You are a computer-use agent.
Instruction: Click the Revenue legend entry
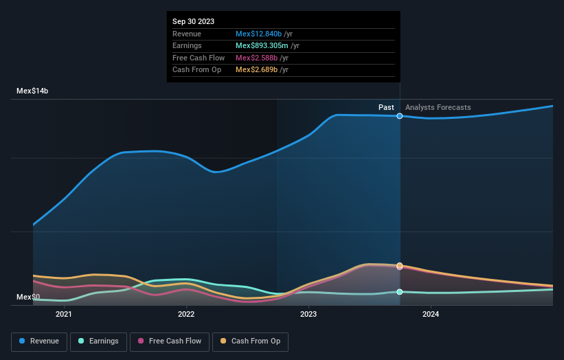[40, 341]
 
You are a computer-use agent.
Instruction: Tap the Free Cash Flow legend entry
[169, 341]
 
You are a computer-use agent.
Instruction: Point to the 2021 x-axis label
[64, 315]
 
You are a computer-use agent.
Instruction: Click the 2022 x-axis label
[186, 315]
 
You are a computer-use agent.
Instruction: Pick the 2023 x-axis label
[308, 315]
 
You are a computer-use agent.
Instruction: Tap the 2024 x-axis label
[431, 315]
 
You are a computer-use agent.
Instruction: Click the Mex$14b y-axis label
[32, 91]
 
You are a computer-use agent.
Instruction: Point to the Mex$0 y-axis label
[28, 297]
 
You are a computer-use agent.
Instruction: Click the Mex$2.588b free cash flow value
[256, 58]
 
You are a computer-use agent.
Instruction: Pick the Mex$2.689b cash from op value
[256, 69]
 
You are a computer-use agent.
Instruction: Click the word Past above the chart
[386, 107]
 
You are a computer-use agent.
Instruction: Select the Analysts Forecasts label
[438, 107]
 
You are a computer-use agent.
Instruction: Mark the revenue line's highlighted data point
[400, 116]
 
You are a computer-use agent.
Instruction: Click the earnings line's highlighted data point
[400, 292]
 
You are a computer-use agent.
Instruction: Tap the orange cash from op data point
[400, 266]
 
